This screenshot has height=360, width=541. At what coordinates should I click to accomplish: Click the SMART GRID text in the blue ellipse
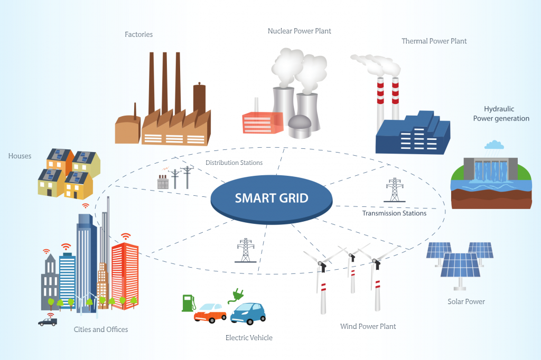point(272,198)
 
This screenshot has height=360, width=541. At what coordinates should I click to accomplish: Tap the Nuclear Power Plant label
point(300,31)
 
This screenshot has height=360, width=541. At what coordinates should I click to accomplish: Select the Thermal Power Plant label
point(434,41)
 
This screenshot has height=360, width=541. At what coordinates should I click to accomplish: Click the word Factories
point(139,34)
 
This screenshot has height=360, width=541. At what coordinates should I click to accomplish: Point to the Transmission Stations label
point(394,213)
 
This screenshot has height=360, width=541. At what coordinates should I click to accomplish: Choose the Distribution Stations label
point(234,163)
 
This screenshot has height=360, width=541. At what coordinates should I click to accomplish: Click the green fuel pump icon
point(189,303)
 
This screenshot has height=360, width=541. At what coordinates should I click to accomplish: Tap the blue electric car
point(248,314)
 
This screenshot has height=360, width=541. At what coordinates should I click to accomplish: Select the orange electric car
point(210,313)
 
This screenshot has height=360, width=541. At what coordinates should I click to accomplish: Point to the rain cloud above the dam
point(494,145)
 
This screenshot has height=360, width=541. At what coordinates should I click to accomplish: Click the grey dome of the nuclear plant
point(300,126)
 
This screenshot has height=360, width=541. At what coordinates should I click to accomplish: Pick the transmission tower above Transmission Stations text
point(394,190)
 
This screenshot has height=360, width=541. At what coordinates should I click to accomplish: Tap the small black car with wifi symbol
point(48,321)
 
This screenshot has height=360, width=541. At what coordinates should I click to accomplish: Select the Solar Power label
point(466,302)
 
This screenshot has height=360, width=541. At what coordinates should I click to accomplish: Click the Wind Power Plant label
point(368,327)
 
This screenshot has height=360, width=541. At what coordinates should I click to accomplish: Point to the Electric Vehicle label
point(249,338)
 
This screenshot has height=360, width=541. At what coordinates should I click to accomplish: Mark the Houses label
point(20,156)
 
